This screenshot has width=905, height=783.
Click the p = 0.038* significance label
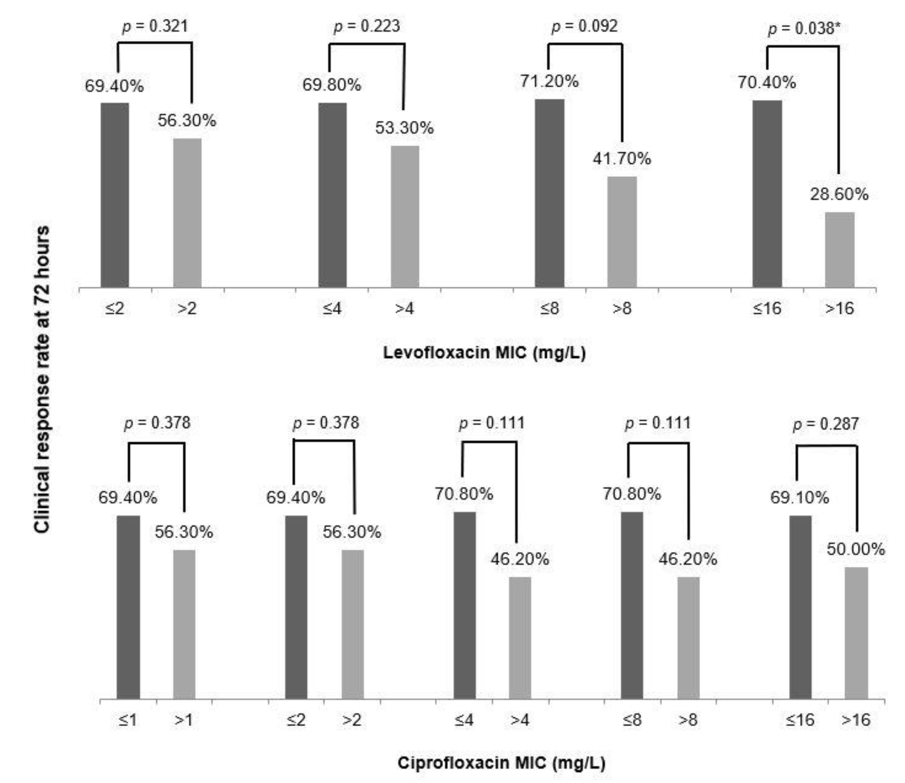tap(804, 29)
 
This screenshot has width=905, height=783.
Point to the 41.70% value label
tap(622, 159)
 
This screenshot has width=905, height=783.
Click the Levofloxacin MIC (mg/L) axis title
tap(484, 353)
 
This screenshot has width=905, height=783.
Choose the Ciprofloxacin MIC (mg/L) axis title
tap(501, 763)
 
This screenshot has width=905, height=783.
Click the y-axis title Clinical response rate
tap(43, 379)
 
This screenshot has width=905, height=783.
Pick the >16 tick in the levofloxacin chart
tap(839, 308)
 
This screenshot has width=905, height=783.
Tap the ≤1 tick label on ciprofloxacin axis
tap(128, 720)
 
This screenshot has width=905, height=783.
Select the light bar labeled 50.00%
tap(856, 633)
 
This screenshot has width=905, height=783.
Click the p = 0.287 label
tap(825, 424)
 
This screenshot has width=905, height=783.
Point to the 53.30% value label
tap(404, 128)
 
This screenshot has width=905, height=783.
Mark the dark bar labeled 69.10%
tap(800, 607)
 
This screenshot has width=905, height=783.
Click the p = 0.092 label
tap(584, 26)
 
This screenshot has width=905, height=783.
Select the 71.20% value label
tap(549, 81)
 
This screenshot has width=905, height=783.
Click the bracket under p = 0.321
tap(155, 43)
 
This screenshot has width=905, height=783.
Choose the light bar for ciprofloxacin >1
tap(184, 624)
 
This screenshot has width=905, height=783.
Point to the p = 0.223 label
tap(367, 26)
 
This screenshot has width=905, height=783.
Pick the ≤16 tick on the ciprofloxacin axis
tap(800, 720)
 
